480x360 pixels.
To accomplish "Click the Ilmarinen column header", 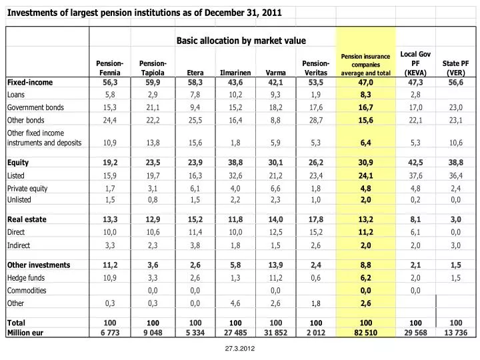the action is (x=235, y=73).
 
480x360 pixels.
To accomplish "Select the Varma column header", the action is (x=275, y=73).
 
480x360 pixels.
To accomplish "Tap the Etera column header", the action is (x=195, y=73).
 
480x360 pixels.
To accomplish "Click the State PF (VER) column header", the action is (x=455, y=68).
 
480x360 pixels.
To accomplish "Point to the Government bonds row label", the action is (x=35, y=107).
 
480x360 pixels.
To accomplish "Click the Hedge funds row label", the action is (x=26, y=278).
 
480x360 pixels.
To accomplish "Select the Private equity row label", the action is (x=27, y=189).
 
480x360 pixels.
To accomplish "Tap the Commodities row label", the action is (x=27, y=291).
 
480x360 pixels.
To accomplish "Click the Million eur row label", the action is (x=25, y=333).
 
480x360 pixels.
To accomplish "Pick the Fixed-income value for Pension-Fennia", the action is (x=110, y=83).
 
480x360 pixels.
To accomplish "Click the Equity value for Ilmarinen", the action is (x=235, y=163).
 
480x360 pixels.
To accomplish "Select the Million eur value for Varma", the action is (x=275, y=333).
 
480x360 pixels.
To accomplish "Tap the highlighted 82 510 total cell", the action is (x=365, y=333).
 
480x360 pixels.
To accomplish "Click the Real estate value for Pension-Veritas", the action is (x=315, y=219).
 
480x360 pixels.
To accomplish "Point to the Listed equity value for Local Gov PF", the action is (x=415, y=176).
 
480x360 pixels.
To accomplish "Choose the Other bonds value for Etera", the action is (x=195, y=120).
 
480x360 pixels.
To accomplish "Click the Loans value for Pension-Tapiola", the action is (x=153, y=95).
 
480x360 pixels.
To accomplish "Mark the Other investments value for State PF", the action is (x=455, y=265).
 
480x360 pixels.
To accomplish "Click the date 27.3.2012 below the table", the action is (x=240, y=349).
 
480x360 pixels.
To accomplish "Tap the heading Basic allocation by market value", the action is (x=241, y=41).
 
